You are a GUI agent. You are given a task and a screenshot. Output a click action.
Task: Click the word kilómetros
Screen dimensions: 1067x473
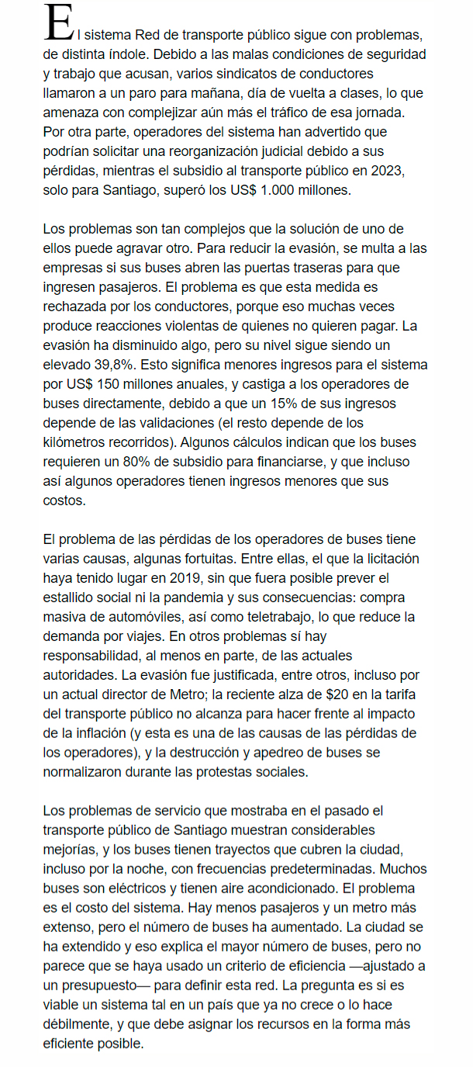(78, 442)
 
